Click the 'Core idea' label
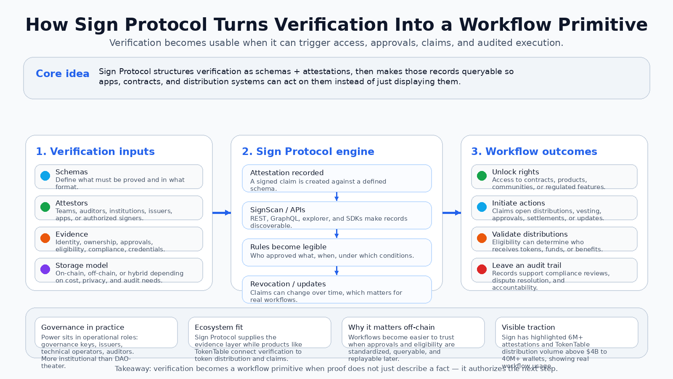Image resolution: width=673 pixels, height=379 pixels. point(62,74)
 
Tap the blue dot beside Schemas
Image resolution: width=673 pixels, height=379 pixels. point(45,176)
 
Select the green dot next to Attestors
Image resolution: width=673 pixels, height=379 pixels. point(45,207)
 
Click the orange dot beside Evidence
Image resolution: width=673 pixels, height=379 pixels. point(45,238)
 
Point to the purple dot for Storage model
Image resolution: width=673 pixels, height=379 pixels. point(45,270)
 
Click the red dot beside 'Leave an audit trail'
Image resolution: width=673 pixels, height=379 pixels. point(482,270)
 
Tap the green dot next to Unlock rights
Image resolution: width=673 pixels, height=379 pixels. point(482,176)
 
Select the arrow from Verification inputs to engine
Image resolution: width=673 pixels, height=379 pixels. point(222,213)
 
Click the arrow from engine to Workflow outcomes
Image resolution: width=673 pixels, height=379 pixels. point(452,213)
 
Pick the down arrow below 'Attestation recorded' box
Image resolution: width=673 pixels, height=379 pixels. point(336,197)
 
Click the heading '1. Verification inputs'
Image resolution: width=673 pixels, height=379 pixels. point(95,152)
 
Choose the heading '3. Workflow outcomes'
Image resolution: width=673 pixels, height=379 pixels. point(534,152)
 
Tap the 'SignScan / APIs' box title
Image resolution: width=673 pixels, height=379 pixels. point(278,210)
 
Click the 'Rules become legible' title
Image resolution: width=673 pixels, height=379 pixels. point(288,247)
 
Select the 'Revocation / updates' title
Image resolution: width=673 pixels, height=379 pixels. point(288,284)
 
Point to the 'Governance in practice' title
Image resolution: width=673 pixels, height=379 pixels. point(82,327)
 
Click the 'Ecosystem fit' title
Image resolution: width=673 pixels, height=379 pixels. point(219,327)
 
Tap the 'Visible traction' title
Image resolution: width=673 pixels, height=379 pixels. point(528,327)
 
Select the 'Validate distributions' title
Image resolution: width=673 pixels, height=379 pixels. point(530,234)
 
